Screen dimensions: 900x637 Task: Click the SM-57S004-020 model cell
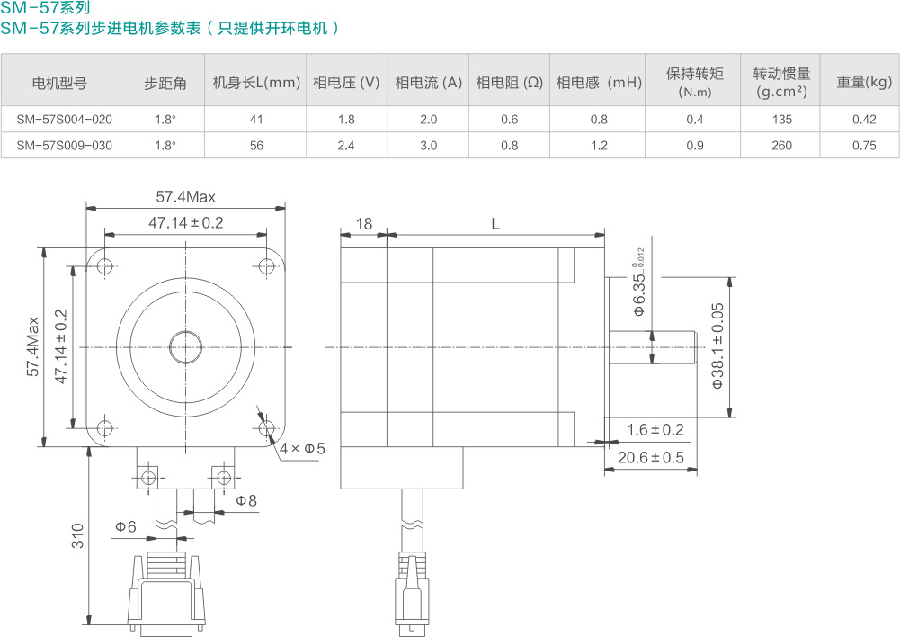point(65,120)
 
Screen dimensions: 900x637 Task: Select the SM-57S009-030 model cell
point(65,146)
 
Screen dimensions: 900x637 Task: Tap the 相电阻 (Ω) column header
point(509,83)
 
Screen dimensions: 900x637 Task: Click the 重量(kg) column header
point(864,82)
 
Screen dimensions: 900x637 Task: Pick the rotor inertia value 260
point(781,146)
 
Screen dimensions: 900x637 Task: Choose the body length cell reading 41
point(256,120)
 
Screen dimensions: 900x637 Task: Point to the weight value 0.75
point(864,146)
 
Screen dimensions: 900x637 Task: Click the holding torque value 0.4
point(694,120)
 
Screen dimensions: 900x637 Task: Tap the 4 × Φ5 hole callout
point(302,448)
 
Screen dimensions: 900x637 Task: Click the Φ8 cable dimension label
point(246,500)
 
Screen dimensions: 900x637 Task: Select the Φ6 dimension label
point(126,526)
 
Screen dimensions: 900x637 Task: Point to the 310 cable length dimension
point(77,535)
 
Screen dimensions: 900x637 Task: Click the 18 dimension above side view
point(364,223)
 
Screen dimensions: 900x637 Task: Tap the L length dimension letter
point(495,223)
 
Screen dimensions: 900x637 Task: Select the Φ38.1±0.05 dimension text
point(717,345)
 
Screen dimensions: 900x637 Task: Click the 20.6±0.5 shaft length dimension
point(651,458)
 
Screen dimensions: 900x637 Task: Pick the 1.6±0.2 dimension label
point(655,430)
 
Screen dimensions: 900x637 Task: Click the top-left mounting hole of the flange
point(105,266)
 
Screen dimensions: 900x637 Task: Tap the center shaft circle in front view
point(185,347)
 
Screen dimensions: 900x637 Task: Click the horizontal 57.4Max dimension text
point(185,197)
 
